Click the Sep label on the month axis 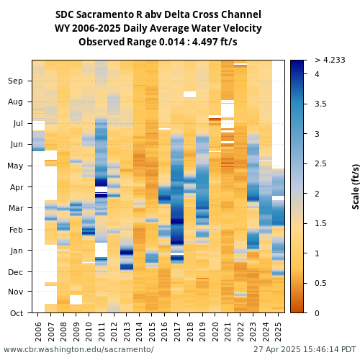pyautogui.click(x=15, y=81)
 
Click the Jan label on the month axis pyautogui.click(x=17, y=251)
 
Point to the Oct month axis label pyautogui.click(x=17, y=313)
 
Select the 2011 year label pyautogui.click(x=102, y=332)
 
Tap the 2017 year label pyautogui.click(x=177, y=332)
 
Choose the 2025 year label pyautogui.click(x=278, y=332)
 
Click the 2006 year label pyautogui.click(x=38, y=332)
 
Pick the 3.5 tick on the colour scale pyautogui.click(x=320, y=104)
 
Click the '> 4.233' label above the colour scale pyautogui.click(x=330, y=60)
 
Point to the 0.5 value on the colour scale pyautogui.click(x=320, y=283)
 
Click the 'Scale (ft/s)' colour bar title pyautogui.click(x=356, y=186)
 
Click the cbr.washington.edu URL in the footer pyautogui.click(x=78, y=349)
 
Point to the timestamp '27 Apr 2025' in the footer pyautogui.click(x=277, y=349)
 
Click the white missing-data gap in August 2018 pyautogui.click(x=189, y=94)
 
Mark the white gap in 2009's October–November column pyautogui.click(x=76, y=300)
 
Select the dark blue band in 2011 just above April pyautogui.click(x=101, y=182)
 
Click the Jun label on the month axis pyautogui.click(x=17, y=144)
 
